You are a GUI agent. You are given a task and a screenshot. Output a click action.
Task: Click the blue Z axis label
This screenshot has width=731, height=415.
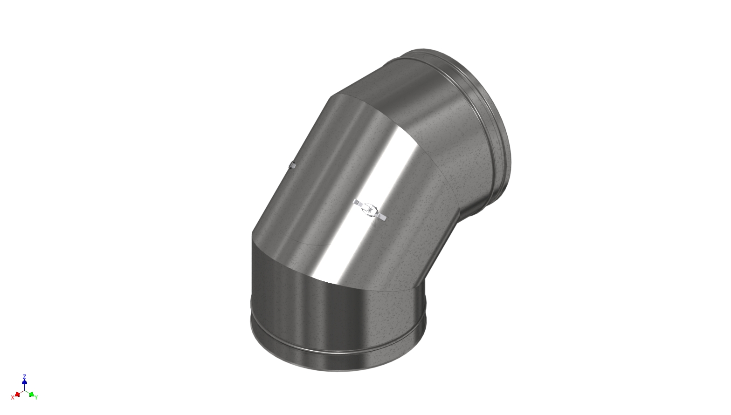click(24, 376)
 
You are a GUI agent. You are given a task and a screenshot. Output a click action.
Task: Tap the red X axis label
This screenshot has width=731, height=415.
click(13, 397)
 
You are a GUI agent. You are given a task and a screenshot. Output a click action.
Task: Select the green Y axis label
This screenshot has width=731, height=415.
click(36, 397)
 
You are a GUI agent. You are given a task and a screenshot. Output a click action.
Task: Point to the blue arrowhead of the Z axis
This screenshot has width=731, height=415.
click(24, 382)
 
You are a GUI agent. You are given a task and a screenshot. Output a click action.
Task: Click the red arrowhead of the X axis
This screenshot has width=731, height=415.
click(17, 395)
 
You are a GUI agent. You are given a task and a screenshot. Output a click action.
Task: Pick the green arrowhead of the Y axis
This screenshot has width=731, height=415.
click(31, 395)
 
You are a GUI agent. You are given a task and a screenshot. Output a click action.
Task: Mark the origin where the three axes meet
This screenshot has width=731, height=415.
click(24, 390)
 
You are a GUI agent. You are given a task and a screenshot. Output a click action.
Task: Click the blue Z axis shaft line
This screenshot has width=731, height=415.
click(24, 387)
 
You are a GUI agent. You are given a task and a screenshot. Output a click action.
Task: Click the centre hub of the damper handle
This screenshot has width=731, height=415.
click(370, 210)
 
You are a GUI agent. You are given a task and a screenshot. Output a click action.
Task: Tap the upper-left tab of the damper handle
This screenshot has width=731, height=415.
click(357, 203)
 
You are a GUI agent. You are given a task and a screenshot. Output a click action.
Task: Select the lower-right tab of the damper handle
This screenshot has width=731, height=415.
click(383, 217)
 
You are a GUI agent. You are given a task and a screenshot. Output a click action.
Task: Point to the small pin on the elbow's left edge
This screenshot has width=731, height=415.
click(292, 164)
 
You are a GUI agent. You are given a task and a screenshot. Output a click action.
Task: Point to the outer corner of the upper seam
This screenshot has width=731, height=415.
click(331, 96)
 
